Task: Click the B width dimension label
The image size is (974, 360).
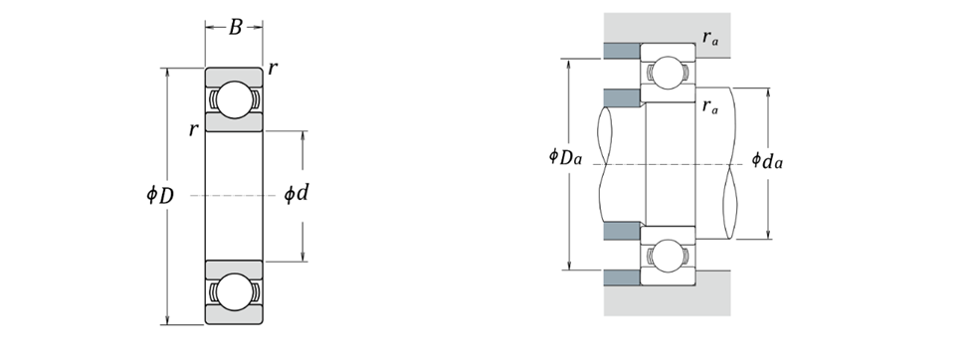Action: click(x=235, y=27)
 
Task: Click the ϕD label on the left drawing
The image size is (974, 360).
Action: click(x=159, y=196)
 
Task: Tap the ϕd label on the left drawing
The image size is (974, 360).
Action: click(x=296, y=194)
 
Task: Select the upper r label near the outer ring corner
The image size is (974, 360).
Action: click(x=273, y=69)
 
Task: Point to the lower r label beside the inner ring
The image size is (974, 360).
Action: click(x=194, y=129)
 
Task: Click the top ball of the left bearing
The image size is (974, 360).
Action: click(x=234, y=99)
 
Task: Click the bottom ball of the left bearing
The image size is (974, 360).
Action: click(x=234, y=291)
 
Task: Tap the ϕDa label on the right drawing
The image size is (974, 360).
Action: click(x=565, y=156)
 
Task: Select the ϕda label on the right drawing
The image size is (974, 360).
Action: click(x=767, y=160)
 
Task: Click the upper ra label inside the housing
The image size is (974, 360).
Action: click(x=710, y=38)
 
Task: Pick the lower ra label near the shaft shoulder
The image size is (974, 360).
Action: click(x=710, y=106)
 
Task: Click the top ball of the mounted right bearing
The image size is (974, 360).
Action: click(x=669, y=73)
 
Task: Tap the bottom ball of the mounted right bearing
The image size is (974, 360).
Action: click(x=669, y=256)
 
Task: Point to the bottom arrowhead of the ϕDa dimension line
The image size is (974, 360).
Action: click(x=570, y=266)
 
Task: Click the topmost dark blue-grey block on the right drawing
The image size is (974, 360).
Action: click(x=623, y=51)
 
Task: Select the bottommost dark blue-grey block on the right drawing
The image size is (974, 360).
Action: click(x=623, y=278)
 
